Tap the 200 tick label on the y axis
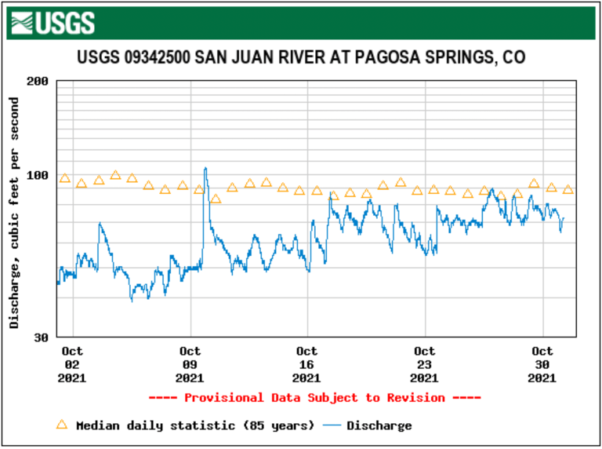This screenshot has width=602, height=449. click(x=38, y=81)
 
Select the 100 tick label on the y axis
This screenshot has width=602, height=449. click(x=38, y=175)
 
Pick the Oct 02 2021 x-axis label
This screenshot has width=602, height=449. click(x=72, y=364)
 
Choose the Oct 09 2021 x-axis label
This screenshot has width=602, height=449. click(x=190, y=364)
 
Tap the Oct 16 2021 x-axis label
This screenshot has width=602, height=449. click(x=307, y=364)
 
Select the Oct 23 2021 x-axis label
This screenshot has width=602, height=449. click(x=425, y=364)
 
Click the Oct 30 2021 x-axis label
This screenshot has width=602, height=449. click(x=542, y=364)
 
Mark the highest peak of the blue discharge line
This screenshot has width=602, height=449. click(x=205, y=168)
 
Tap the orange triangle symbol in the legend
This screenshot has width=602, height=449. click(x=62, y=425)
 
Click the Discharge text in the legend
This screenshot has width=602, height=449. click(x=379, y=425)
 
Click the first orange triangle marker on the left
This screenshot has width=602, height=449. click(x=65, y=179)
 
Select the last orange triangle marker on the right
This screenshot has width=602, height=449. click(x=568, y=190)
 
